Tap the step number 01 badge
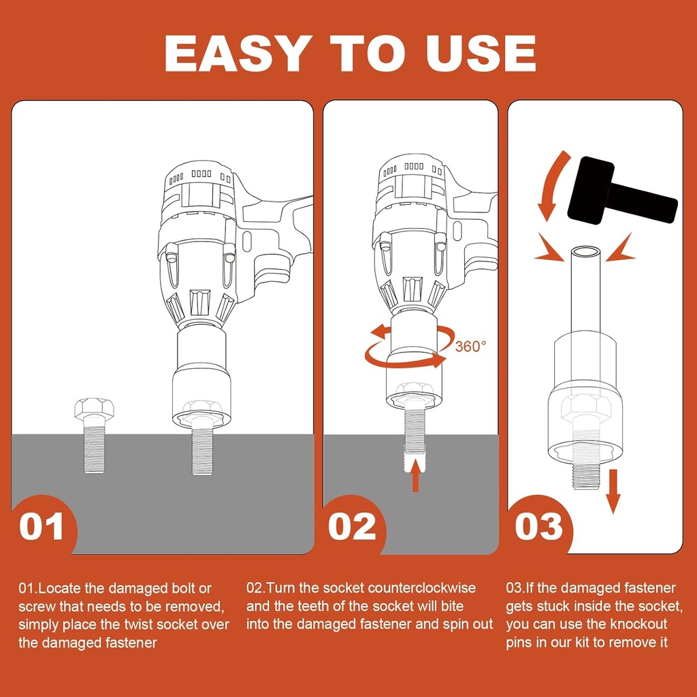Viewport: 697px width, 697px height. point(42,527)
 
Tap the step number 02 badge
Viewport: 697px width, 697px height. point(352,527)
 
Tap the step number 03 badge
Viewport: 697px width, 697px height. point(539,527)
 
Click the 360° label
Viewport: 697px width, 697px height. point(470,346)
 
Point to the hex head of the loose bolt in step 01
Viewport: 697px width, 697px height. point(94,408)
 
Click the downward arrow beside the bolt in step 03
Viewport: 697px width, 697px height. point(613,491)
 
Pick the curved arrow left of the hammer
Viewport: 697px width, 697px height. point(551,184)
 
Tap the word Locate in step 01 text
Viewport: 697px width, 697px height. point(60,589)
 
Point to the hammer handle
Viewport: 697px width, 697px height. point(643,203)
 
